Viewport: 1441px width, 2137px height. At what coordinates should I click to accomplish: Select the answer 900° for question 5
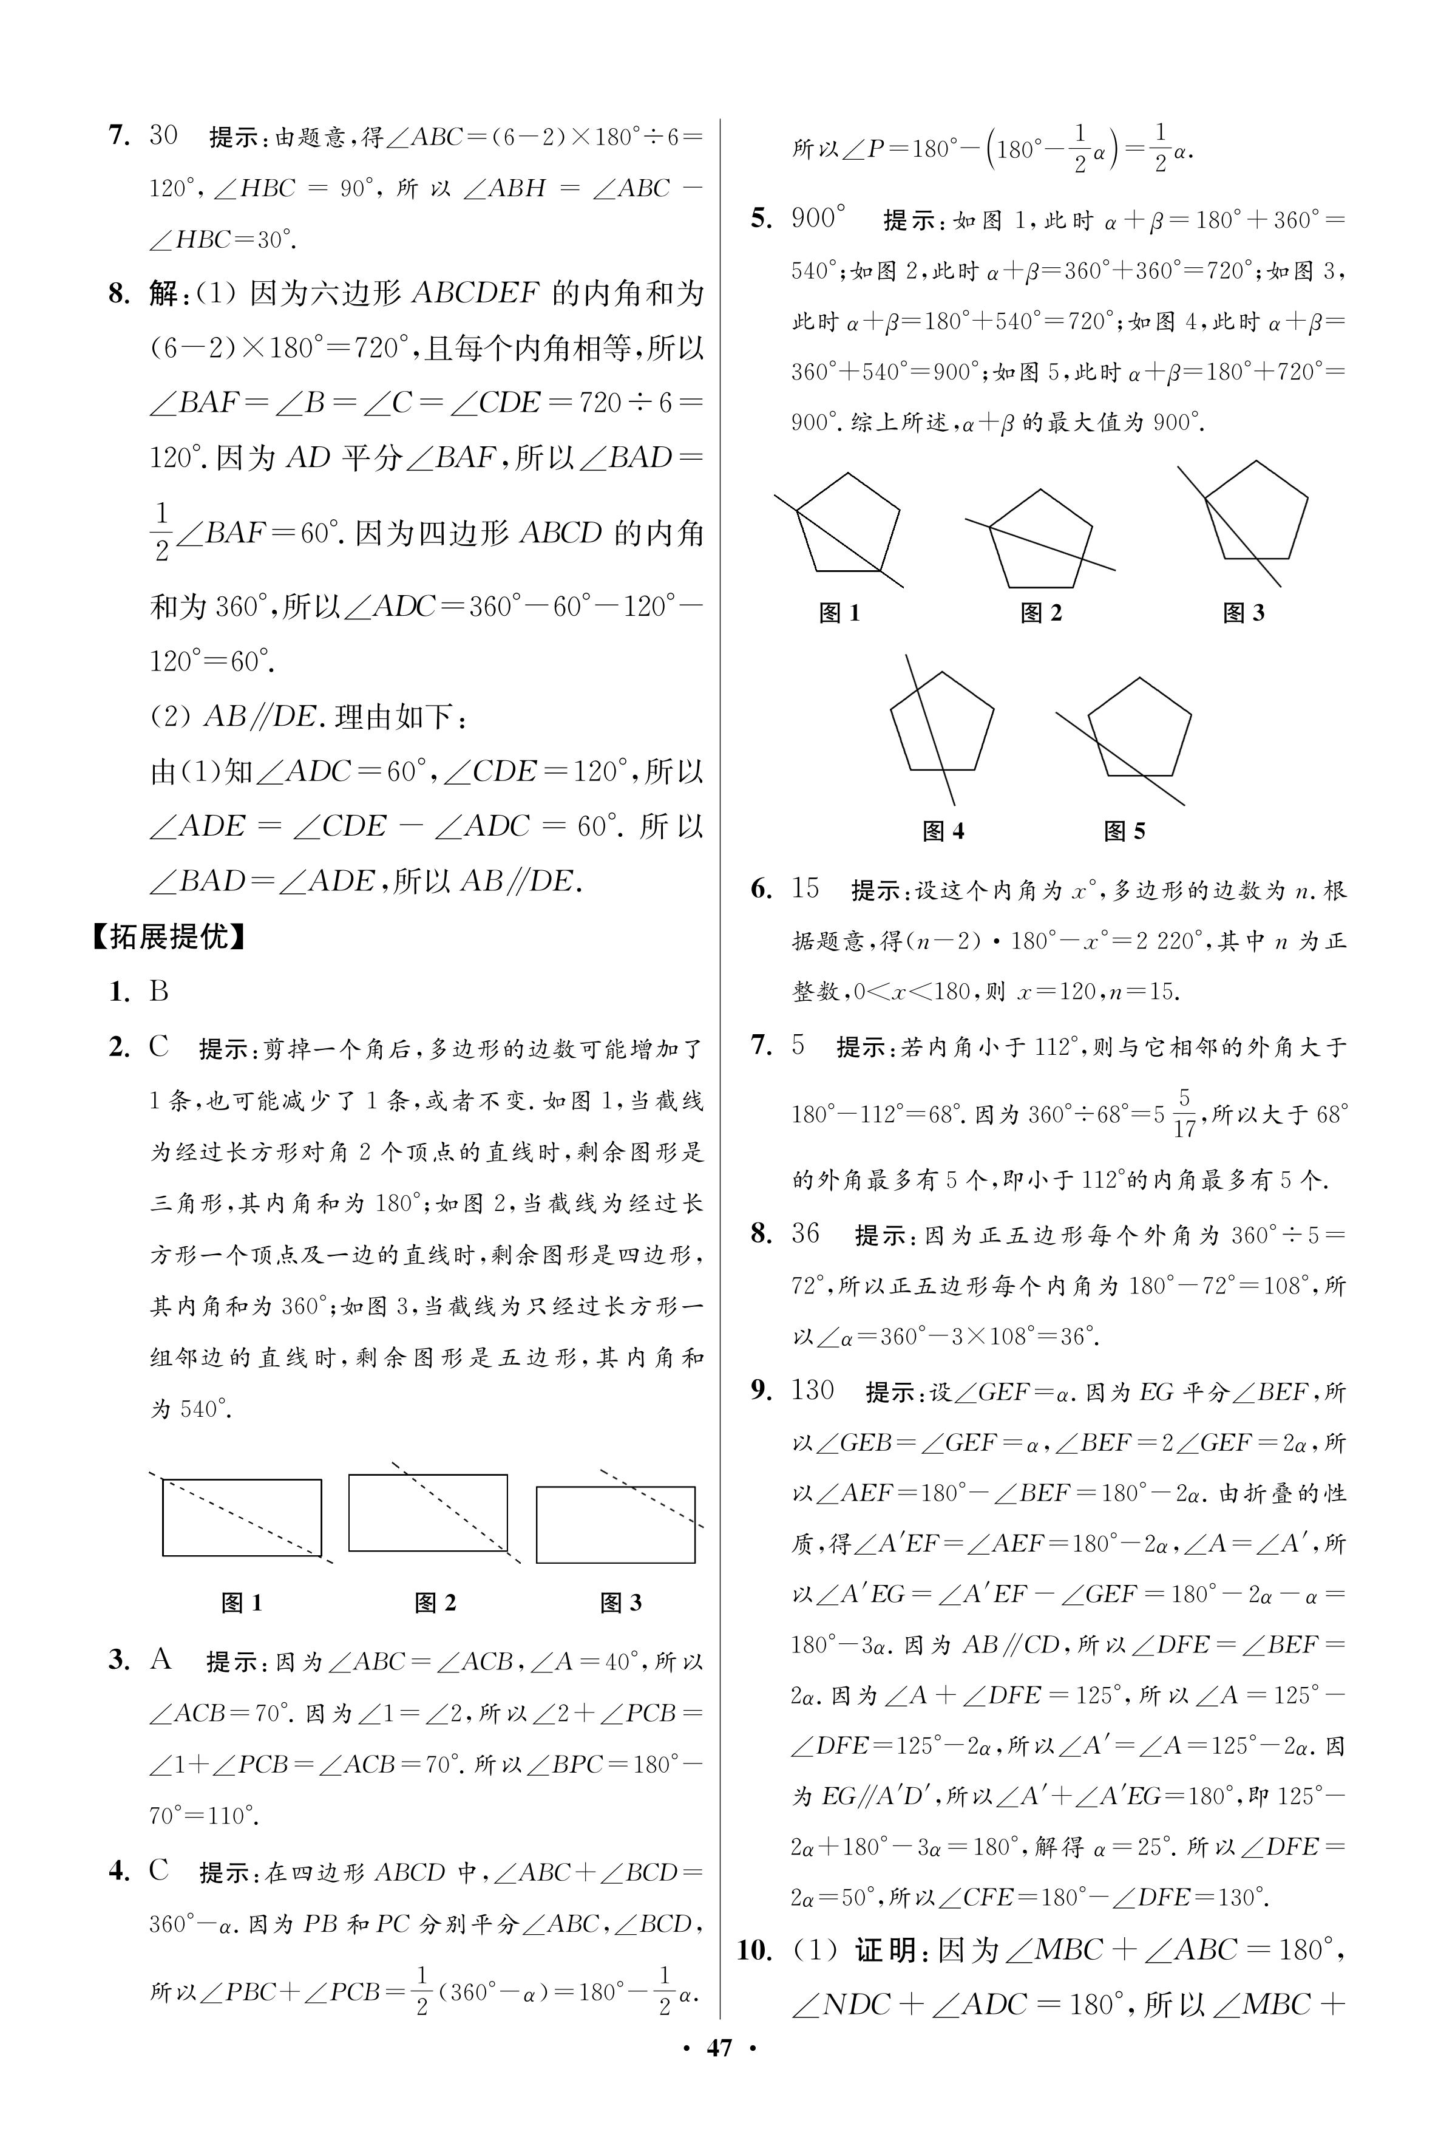pos(817,219)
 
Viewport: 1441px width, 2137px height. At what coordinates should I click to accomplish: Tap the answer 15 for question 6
pos(805,888)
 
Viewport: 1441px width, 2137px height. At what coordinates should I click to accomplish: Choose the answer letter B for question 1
pos(159,991)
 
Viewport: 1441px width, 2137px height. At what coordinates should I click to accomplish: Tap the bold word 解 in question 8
pos(163,294)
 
